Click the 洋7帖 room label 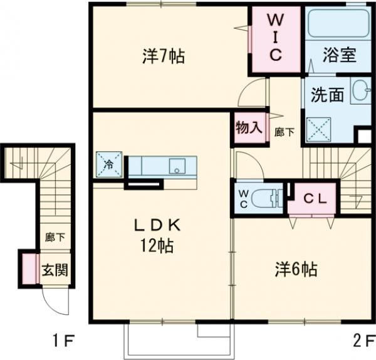[163, 56]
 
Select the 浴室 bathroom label [340, 56]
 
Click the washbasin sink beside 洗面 [360, 92]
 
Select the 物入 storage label [249, 128]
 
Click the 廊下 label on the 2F [285, 132]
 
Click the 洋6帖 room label [295, 270]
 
